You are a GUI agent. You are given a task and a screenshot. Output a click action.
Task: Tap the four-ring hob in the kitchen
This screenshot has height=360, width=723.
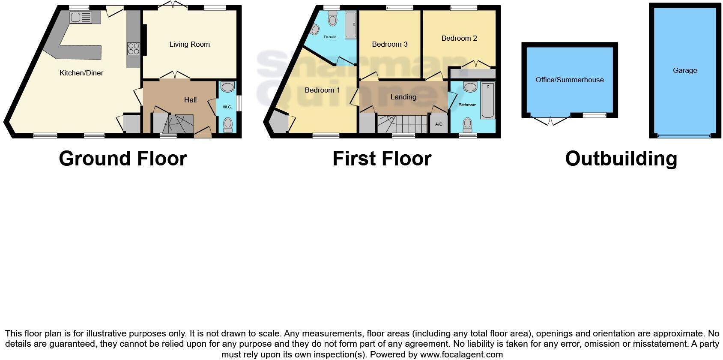coord(133,48)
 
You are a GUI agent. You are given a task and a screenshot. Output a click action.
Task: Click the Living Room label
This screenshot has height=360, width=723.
coord(189,44)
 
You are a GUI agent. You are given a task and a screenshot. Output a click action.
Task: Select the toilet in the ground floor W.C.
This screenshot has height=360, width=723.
coord(227,124)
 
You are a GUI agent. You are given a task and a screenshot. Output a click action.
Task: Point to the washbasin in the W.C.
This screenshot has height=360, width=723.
coord(227,87)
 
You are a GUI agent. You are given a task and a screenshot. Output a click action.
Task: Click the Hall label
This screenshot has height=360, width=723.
coord(190,100)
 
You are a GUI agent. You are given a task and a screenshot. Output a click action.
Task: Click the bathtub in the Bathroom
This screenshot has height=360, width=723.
coord(487,101)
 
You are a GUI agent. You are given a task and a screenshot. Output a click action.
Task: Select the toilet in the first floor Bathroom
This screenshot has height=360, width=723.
coord(467,125)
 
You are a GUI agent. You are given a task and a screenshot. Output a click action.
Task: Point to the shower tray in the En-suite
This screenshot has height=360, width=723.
coord(351,25)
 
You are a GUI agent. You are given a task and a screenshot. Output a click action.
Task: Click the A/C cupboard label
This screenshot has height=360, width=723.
coord(439,124)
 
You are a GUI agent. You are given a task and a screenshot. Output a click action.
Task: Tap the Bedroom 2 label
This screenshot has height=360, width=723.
coord(459,38)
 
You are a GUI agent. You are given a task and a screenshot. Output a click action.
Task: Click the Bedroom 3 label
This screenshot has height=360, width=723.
coord(389,44)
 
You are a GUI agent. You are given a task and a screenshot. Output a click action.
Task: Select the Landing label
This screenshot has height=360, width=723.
coord(403,97)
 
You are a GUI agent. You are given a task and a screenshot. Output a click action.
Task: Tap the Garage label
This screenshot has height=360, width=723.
coord(684,70)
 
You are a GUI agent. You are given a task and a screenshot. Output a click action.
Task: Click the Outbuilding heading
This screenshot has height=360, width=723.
coord(621,159)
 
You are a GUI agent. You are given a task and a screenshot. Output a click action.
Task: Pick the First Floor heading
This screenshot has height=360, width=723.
coord(382,159)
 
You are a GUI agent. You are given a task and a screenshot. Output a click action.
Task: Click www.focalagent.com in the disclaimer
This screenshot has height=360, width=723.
coord(461,354)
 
